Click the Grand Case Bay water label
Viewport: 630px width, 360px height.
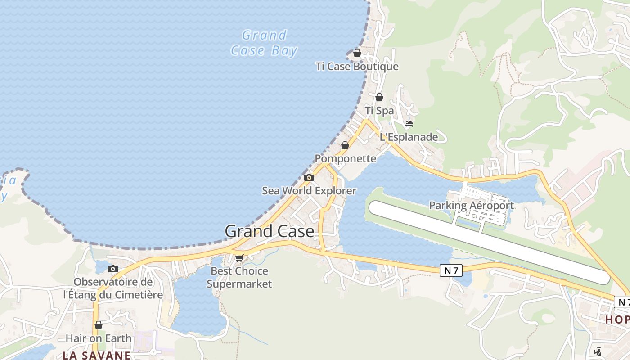(264, 43)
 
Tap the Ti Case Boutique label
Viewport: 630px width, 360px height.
(357, 67)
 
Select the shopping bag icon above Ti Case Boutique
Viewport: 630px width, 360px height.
(357, 53)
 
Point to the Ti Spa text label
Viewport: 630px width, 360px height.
(379, 111)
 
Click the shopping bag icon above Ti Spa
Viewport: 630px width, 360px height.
(379, 97)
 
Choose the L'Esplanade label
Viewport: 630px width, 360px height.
(409, 137)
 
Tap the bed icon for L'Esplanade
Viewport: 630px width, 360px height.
(409, 124)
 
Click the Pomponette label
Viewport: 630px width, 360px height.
(345, 158)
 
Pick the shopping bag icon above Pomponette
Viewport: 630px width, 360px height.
(345, 145)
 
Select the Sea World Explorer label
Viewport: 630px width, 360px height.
(309, 191)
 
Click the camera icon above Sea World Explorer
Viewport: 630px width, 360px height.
(309, 177)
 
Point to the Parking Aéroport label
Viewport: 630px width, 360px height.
(471, 206)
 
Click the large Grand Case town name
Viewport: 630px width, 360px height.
(269, 231)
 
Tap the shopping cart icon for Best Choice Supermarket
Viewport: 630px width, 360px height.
(239, 258)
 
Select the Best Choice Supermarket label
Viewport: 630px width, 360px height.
(239, 277)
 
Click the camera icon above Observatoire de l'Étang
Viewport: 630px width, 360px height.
(113, 269)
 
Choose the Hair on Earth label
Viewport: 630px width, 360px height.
(99, 338)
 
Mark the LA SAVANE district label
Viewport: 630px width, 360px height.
(96, 355)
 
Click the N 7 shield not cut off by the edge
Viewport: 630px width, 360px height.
(451, 270)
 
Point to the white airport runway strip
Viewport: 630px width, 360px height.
(489, 243)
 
